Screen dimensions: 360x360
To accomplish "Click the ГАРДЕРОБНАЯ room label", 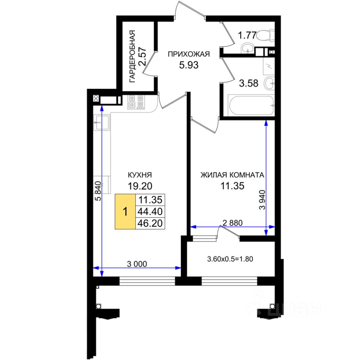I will pos(132,56).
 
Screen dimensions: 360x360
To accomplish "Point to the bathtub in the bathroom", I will pos(250,106).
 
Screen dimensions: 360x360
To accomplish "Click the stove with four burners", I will pos(136,102).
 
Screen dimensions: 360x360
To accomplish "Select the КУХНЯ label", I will pos(139,175).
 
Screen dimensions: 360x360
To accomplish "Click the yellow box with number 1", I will pos(125,211).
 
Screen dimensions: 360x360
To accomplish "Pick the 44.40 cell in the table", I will pos(150,211).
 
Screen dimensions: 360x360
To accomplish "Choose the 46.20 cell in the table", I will pos(150,224).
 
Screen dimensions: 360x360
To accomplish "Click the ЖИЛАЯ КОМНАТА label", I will pos(232,175).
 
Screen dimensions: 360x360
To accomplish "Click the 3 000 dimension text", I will pos(138,264).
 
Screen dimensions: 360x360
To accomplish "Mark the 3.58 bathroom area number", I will pos(249,83).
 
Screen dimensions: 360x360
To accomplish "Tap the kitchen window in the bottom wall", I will pos(147,280).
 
